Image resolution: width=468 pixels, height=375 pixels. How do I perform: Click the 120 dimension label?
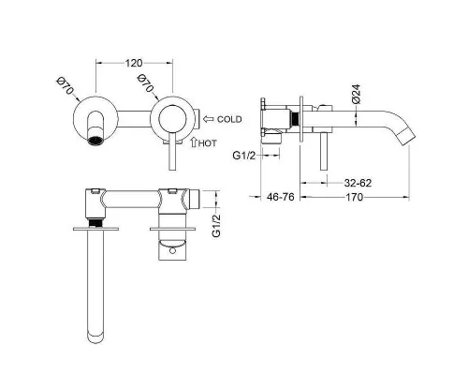(134, 63)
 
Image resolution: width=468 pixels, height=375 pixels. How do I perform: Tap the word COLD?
(229, 119)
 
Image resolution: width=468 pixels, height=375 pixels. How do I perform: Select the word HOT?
(207, 143)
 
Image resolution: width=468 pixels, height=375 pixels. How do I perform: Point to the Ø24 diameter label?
(356, 94)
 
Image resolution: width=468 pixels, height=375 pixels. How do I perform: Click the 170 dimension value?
(354, 197)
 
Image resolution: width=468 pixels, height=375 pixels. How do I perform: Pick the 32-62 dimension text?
(358, 183)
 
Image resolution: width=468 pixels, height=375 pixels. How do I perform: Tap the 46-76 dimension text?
(281, 197)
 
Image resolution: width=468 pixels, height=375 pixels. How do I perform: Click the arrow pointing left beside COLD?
(208, 119)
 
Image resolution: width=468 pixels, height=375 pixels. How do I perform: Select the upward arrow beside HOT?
(194, 142)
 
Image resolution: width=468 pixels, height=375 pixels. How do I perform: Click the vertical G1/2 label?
(216, 226)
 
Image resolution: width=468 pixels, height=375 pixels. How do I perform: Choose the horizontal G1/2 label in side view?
(244, 156)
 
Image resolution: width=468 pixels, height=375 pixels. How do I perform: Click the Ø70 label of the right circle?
(146, 83)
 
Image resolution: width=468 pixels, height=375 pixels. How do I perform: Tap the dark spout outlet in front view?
(95, 140)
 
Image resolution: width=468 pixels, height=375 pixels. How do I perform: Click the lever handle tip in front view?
(172, 168)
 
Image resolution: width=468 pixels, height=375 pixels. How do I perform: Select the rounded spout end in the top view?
(95, 337)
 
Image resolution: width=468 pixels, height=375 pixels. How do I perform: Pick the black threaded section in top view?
(95, 222)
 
